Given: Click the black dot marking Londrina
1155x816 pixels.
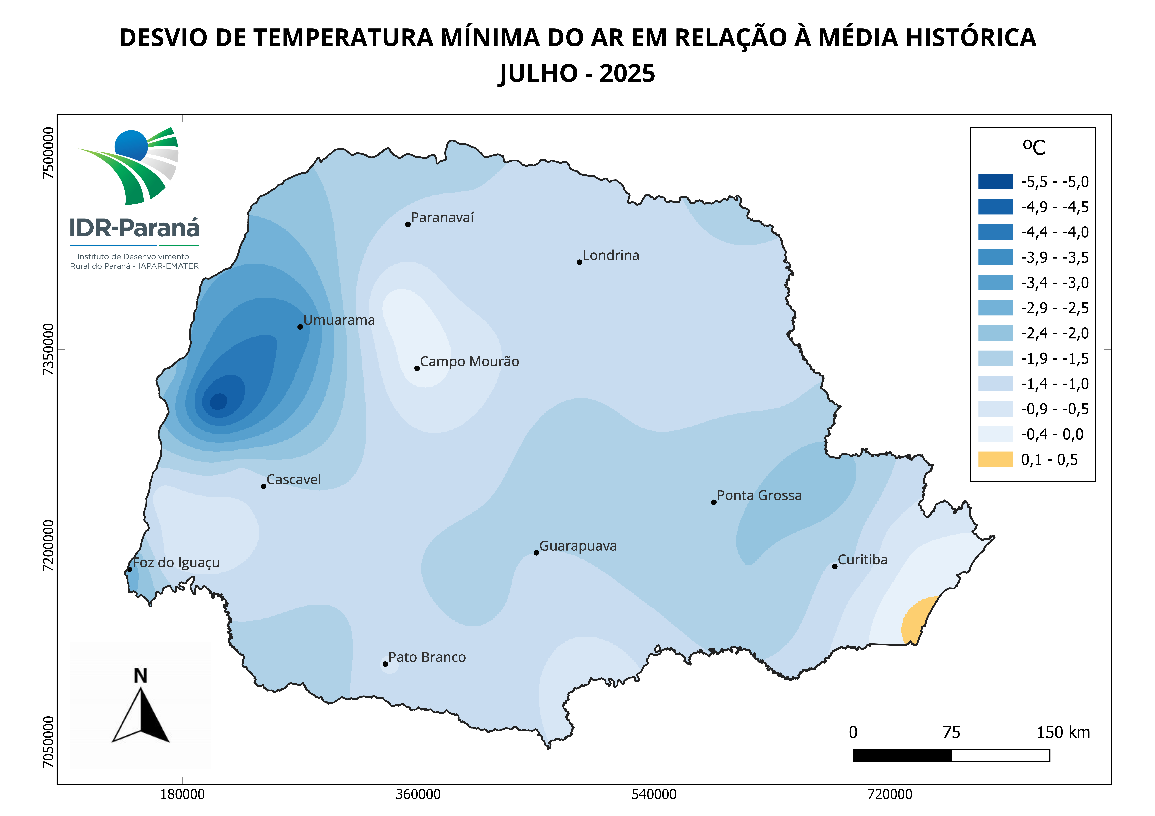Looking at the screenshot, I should [x=579, y=262].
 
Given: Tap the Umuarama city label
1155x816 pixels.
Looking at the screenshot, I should [x=339, y=320].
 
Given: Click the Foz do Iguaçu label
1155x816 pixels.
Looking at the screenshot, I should [x=176, y=563].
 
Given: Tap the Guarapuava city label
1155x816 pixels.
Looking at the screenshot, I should [x=578, y=546].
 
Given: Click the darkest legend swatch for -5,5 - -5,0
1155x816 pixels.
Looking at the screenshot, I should [x=995, y=181].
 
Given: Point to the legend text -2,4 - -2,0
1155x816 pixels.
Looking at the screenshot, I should [x=1054, y=333].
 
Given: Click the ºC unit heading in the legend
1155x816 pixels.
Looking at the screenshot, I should [x=1034, y=147].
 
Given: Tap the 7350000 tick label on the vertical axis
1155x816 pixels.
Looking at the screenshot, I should [x=48, y=349].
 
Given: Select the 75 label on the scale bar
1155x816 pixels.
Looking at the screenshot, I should [x=951, y=733].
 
